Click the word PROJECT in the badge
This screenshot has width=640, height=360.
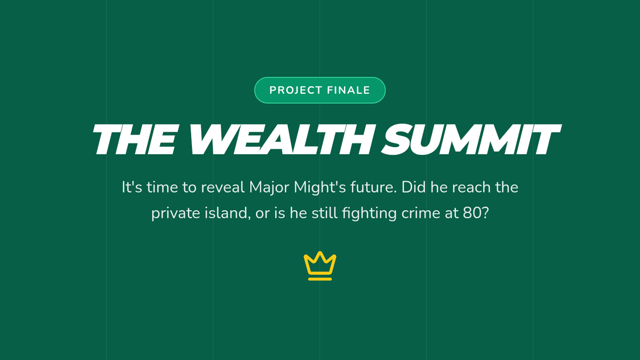pyautogui.click(x=295, y=90)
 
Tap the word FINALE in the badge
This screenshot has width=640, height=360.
pyautogui.click(x=349, y=90)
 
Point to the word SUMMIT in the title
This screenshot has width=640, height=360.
pyautogui.click(x=471, y=139)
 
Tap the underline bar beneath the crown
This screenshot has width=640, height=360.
pyautogui.click(x=320, y=279)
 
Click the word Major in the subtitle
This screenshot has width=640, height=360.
pyautogui.click(x=269, y=188)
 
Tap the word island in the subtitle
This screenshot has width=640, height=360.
pyautogui.click(x=228, y=213)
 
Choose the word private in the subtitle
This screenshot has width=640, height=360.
pyautogui.click(x=175, y=214)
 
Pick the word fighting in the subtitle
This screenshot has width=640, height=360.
pyautogui.click(x=369, y=214)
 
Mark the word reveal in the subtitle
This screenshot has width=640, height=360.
pyautogui.click(x=223, y=188)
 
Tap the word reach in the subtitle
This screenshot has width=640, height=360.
pyautogui.click(x=467, y=188)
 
